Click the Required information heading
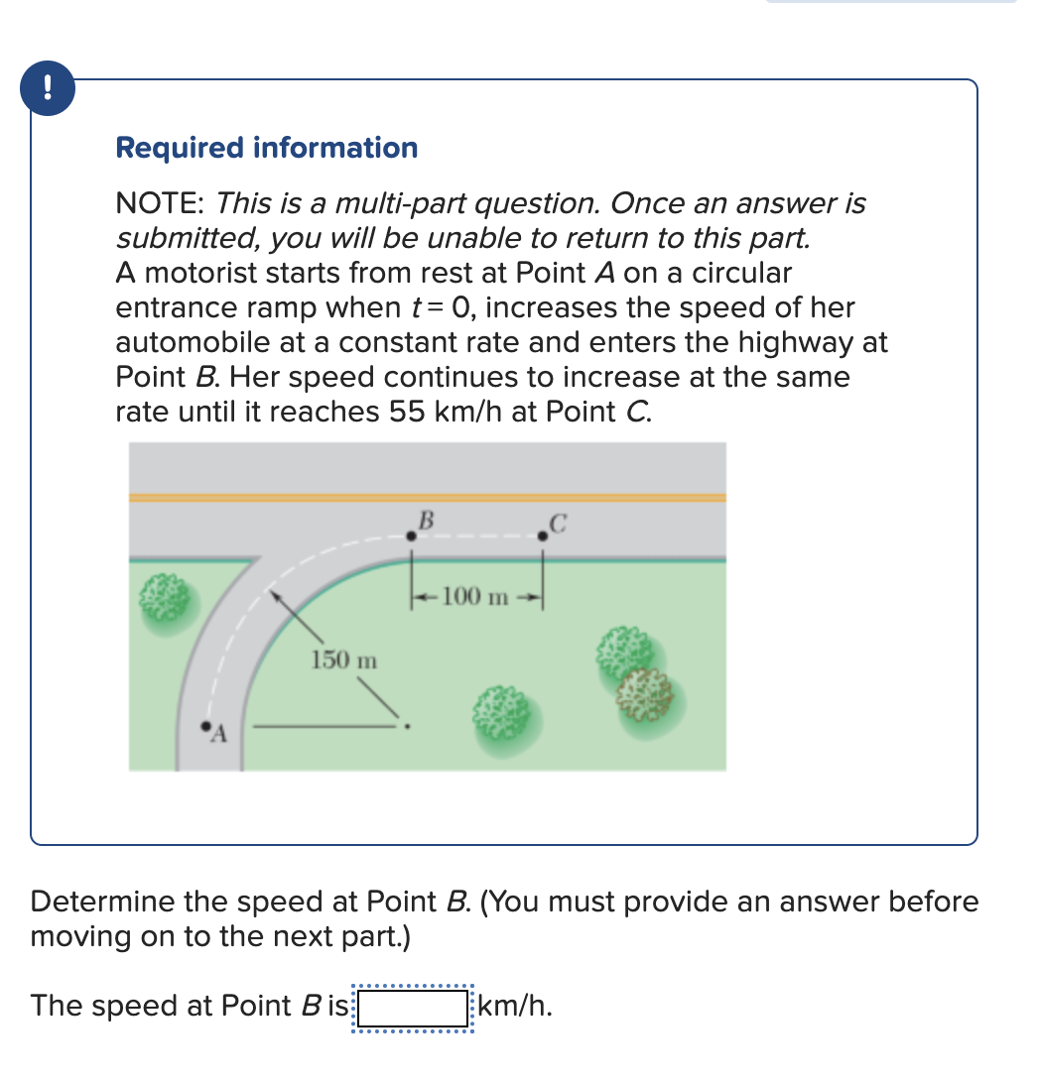tap(266, 148)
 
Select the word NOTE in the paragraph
tap(159, 204)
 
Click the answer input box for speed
tap(413, 1007)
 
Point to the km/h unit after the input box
tap(516, 1007)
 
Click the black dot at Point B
tap(411, 536)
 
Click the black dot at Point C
tap(542, 536)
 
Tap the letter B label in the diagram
tap(426, 518)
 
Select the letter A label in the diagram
tap(220, 735)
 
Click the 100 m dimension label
tap(476, 596)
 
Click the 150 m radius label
tap(344, 658)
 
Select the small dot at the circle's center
tap(405, 725)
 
